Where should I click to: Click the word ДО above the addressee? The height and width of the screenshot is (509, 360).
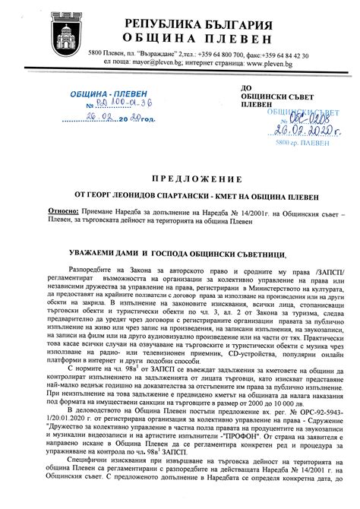pos(244,90)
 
